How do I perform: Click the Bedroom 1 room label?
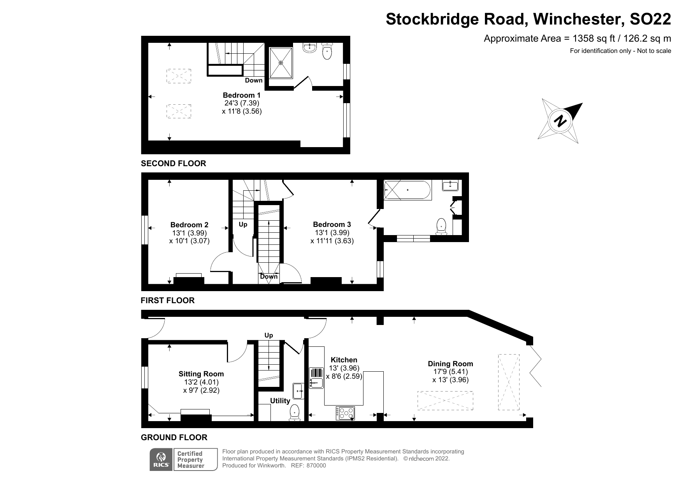pos(242,95)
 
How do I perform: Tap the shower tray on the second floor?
pos(281,62)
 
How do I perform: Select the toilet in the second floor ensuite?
pos(327,51)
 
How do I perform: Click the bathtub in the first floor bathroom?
pos(407,190)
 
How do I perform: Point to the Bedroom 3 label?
pos(332,225)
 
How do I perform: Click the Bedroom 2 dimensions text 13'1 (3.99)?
pos(190,233)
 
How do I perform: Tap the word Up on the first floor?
pos(243,225)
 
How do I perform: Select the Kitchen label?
pos(344,360)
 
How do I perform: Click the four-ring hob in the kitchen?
pos(346,413)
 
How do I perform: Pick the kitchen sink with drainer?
pos(316,378)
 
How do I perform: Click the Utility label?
pos(280,400)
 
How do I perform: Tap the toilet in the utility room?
pos(295,412)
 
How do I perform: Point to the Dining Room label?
pos(450,364)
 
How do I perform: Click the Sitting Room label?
pos(201,374)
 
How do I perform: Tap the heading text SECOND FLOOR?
pos(174,163)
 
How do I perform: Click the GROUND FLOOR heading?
pos(174,437)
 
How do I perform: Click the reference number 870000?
pos(316,465)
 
